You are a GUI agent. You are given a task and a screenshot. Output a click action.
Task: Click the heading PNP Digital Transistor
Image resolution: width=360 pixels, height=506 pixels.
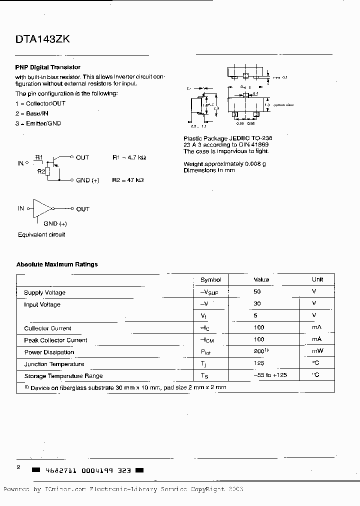click(x=47, y=67)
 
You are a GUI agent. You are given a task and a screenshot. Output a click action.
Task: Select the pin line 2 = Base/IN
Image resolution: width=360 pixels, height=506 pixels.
click(x=38, y=113)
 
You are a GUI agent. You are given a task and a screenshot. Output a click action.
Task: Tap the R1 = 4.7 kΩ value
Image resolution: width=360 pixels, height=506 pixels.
click(x=129, y=157)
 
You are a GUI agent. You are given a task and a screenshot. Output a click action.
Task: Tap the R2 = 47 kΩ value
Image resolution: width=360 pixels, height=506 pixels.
click(x=128, y=180)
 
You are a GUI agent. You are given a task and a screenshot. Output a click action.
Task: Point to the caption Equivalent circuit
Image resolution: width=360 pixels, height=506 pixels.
click(x=41, y=234)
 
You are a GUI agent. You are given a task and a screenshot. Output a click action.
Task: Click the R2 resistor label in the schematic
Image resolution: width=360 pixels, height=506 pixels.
click(x=41, y=171)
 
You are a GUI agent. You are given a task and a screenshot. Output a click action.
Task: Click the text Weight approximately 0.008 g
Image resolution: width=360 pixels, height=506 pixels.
click(x=224, y=164)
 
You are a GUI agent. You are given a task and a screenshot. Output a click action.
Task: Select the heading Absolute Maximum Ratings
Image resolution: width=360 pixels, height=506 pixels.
click(x=57, y=264)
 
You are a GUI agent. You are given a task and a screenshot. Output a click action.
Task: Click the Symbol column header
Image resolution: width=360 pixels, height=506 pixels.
click(x=210, y=279)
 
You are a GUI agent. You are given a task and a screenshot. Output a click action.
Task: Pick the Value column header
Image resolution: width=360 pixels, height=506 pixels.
click(x=261, y=279)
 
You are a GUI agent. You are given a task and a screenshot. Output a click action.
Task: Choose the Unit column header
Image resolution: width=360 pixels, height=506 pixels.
click(x=317, y=279)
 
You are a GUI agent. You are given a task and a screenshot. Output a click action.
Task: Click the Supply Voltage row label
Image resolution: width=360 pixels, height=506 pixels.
click(x=44, y=292)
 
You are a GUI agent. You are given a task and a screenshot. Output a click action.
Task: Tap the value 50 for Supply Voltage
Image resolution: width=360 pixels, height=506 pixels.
click(x=257, y=291)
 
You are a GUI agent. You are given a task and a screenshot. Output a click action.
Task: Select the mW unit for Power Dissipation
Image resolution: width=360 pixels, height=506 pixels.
click(x=317, y=351)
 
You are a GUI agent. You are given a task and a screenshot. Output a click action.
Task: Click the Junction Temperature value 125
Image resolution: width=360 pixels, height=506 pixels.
click(x=259, y=363)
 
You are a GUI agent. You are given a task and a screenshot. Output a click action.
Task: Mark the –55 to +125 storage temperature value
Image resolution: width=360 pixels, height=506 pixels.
click(x=269, y=375)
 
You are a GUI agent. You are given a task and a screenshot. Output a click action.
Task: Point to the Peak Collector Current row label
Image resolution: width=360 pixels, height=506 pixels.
click(x=55, y=340)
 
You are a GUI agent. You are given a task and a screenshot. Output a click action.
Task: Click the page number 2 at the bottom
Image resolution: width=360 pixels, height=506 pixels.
click(x=18, y=467)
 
